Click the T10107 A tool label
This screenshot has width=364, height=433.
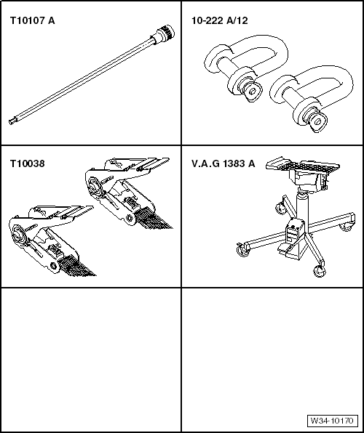point(32,21)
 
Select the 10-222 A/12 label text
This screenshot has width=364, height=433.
point(220,21)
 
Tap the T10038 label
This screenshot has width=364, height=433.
point(27,163)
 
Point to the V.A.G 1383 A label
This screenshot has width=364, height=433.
point(223,163)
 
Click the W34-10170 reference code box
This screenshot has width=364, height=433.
point(332,421)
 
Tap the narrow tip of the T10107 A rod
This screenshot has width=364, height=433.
point(12,121)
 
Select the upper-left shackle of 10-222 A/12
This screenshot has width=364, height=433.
point(246,68)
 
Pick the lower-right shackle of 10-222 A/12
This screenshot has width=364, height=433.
point(312,99)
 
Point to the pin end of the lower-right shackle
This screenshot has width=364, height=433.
point(317,122)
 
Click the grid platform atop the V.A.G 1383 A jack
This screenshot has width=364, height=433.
point(303,165)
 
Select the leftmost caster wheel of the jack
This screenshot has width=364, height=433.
point(242,251)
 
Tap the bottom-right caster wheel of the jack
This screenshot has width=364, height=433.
point(320,272)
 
